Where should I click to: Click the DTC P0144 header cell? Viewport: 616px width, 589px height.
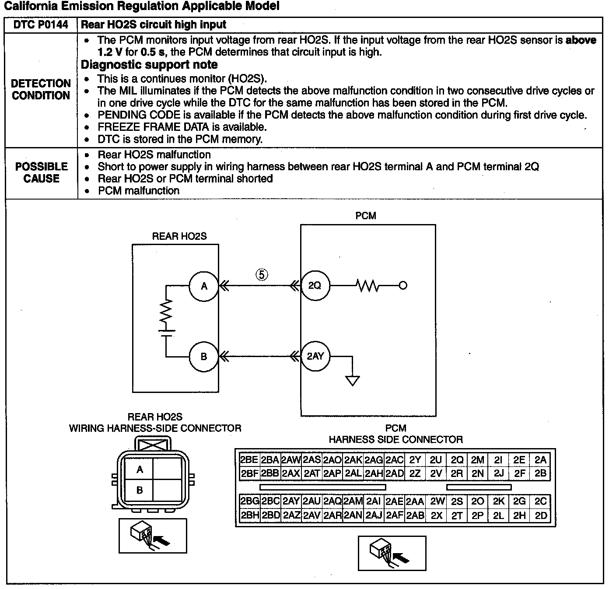click(41, 25)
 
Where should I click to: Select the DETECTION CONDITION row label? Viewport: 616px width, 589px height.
click(41, 89)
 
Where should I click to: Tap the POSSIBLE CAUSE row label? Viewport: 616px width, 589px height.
click(42, 172)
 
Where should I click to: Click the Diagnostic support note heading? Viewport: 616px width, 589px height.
click(149, 65)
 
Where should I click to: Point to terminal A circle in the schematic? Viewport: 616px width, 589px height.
click(204, 286)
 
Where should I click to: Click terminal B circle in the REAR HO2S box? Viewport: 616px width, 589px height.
click(204, 357)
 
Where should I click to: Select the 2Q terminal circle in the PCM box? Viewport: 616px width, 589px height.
click(315, 286)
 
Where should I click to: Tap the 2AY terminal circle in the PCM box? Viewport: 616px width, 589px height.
click(315, 356)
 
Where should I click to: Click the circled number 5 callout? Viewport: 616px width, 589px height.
click(262, 274)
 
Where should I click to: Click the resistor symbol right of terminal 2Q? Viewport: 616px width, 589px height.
click(368, 286)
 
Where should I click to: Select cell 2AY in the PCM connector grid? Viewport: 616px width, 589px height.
click(291, 501)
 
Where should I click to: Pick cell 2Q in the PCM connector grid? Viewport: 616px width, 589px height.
click(457, 460)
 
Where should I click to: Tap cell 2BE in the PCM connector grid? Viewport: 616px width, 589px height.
click(249, 460)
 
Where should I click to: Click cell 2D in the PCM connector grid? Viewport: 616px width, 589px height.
click(541, 515)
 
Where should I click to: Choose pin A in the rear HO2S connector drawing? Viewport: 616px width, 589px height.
click(140, 470)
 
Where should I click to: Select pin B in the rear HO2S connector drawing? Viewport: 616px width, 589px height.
click(140, 490)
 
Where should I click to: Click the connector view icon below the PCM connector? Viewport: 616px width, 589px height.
click(392, 553)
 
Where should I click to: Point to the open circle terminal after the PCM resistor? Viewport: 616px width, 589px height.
click(403, 286)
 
